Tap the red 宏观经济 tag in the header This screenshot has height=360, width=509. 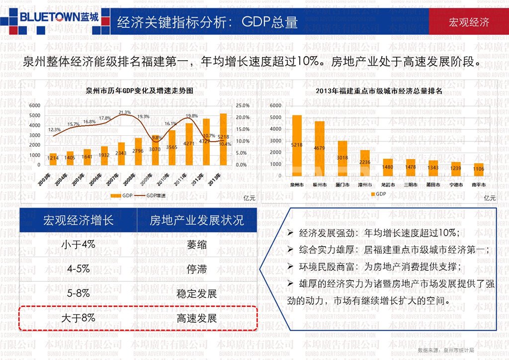click(x=469, y=22)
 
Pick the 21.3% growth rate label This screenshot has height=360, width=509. click(x=125, y=112)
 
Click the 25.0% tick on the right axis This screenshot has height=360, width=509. click(x=242, y=105)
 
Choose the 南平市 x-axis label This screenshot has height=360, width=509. click(x=479, y=185)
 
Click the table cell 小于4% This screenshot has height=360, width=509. click(x=78, y=245)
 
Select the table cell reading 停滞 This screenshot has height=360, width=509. click(x=197, y=270)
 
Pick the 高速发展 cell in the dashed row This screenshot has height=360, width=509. click(x=197, y=318)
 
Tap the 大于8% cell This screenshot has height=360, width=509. click(x=78, y=318)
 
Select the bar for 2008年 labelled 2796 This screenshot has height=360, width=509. click(x=138, y=152)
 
